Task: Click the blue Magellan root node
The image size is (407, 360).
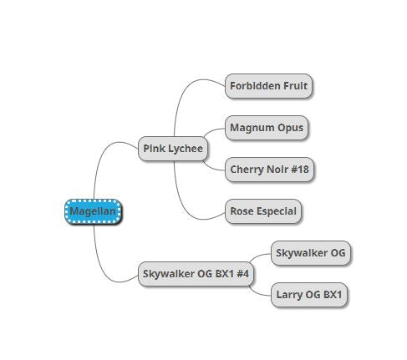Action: tap(93, 211)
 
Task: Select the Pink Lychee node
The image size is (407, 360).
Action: tap(173, 149)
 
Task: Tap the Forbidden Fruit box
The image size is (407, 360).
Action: tap(268, 86)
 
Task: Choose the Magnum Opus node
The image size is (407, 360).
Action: tap(267, 128)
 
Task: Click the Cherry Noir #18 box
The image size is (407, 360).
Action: tap(269, 170)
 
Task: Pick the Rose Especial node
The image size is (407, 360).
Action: tap(263, 211)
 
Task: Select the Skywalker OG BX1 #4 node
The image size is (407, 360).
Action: tap(196, 274)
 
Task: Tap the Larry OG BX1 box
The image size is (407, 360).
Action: tap(309, 295)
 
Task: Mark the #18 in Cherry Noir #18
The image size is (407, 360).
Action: tap(300, 169)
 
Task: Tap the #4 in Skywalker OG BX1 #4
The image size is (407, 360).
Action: tap(242, 273)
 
